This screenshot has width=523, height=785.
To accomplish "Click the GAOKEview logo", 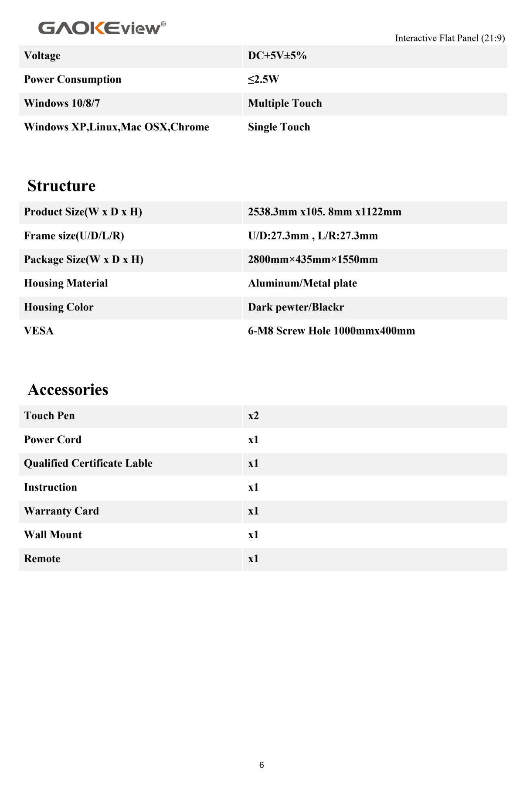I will [x=102, y=28].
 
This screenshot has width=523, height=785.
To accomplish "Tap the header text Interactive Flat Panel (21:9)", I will [x=450, y=38].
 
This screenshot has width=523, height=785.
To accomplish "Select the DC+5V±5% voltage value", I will [x=277, y=56].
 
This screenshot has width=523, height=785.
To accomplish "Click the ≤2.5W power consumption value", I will [x=263, y=79].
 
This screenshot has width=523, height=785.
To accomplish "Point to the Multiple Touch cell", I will [x=285, y=103].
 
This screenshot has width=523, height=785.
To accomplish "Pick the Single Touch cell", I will [x=279, y=127].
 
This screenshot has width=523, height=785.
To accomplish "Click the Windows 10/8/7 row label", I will [x=62, y=103].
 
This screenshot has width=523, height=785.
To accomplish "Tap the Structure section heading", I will [x=61, y=186].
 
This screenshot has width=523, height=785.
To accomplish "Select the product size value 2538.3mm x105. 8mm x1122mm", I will [x=325, y=212].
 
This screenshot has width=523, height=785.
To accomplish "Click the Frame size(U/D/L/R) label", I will [x=74, y=236].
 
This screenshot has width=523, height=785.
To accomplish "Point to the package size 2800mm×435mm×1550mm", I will [x=313, y=259].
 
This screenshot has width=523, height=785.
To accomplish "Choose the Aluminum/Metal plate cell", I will [x=302, y=283].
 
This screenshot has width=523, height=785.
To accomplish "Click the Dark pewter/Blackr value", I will [x=296, y=307].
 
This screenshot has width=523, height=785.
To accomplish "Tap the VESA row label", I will [x=39, y=331].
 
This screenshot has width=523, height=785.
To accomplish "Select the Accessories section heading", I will [x=68, y=389].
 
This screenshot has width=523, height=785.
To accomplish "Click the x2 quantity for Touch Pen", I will [x=253, y=416].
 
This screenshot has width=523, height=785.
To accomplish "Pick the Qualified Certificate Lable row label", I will [x=88, y=463].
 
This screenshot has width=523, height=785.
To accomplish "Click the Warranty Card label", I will [x=61, y=511].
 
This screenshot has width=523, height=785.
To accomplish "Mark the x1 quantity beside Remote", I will [x=253, y=559].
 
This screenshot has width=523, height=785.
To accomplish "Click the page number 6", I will [x=261, y=765].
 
